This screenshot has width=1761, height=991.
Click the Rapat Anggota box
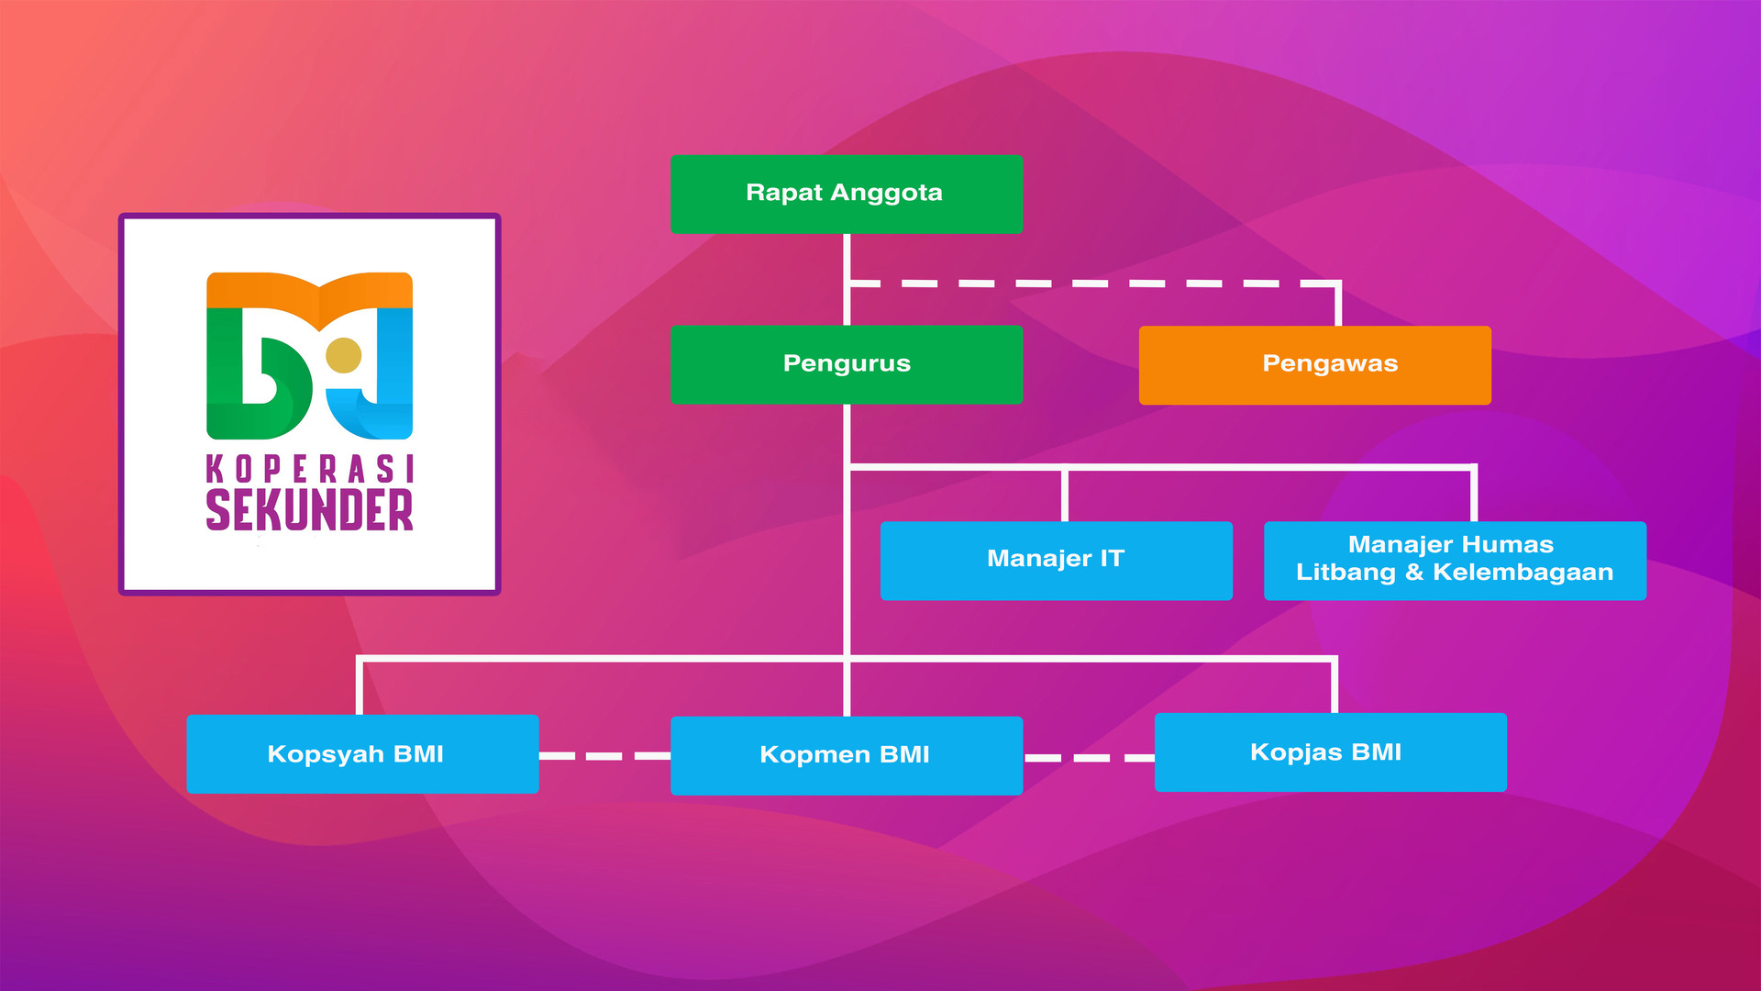[x=847, y=195]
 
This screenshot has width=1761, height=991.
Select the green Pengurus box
[x=847, y=364]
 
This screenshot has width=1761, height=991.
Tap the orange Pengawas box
[x=1314, y=364]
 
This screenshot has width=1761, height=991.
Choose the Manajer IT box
[x=1056, y=561]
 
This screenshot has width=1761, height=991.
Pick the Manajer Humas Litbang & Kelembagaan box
[x=1455, y=561]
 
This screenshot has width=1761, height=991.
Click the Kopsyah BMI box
[x=362, y=754]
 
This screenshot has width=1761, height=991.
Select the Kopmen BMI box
[x=847, y=755]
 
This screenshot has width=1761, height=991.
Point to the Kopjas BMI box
[x=1330, y=752]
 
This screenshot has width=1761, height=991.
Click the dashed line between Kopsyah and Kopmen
[x=604, y=756]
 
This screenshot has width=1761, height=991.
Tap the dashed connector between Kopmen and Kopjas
[x=1089, y=758]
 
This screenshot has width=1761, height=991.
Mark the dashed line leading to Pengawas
[x=1091, y=284]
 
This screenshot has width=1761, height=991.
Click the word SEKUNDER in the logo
[x=309, y=510]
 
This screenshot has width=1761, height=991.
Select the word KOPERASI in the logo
[x=309, y=469]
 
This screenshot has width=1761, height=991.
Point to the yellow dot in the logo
[x=344, y=355]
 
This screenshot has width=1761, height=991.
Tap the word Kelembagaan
[x=1523, y=573]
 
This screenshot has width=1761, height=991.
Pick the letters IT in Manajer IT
[x=1112, y=558]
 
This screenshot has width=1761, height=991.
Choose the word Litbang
[x=1346, y=573]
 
